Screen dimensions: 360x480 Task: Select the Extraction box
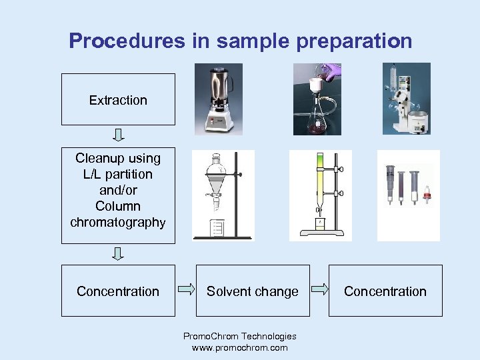tap(118, 99)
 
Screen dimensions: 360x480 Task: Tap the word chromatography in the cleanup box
tap(118, 222)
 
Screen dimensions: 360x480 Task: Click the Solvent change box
tap(252, 291)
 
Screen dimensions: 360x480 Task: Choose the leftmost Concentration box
tap(118, 291)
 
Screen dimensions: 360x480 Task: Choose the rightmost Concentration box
tap(385, 291)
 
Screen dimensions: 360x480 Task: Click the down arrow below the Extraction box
tap(118, 135)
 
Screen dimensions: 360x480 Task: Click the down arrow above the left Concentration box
tap(118, 254)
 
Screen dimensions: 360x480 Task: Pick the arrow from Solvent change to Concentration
tap(320, 289)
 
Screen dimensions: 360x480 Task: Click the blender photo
tap(219, 99)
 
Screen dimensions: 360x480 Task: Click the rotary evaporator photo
tap(406, 99)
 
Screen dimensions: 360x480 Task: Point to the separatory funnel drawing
tap(222, 195)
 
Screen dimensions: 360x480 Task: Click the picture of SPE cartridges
tap(408, 195)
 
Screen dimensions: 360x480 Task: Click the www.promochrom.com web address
tap(239, 347)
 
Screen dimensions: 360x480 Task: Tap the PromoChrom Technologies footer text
tap(239, 336)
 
